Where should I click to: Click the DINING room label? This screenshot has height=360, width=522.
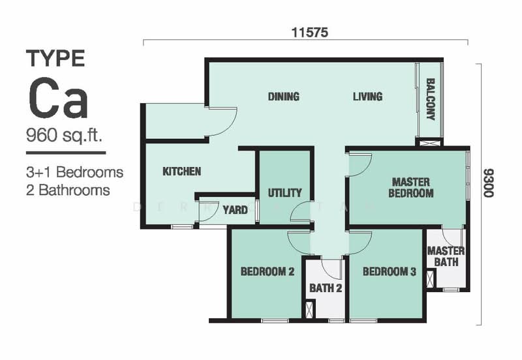pos(283,97)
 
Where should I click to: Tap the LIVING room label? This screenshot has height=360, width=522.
pos(367,97)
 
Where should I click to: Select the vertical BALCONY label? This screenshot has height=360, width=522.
pos(431,100)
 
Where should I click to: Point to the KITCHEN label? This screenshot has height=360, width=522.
pos(181,172)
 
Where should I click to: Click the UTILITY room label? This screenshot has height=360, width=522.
pos(284,192)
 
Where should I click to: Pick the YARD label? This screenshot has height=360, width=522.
pos(235,210)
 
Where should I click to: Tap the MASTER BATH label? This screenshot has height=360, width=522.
pos(446,256)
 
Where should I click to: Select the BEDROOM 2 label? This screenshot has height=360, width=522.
pos(267,272)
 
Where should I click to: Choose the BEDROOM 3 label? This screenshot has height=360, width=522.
pos(390,272)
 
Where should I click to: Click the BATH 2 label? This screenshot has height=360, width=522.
pos(326,288)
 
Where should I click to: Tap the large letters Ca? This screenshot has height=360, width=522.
pos(57,100)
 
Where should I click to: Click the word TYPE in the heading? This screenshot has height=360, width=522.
pos(55,59)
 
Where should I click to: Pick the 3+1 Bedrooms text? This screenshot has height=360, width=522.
pos(74,173)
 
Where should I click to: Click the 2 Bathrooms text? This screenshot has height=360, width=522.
pos(68,190)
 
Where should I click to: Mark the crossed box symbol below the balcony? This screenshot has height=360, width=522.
pos(429,142)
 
